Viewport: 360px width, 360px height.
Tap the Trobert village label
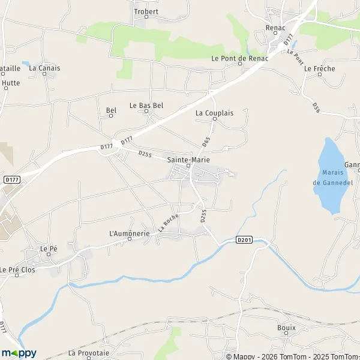[x=146, y=12]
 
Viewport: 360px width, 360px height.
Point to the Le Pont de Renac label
[x=238, y=58]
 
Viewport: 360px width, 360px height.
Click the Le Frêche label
[x=319, y=68]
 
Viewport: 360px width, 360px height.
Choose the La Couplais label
[x=214, y=112]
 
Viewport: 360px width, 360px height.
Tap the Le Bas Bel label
[x=146, y=105]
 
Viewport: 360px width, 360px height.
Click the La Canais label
[x=44, y=68]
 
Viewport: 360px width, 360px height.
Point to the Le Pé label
[x=47, y=248]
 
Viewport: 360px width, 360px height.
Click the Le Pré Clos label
[x=18, y=269]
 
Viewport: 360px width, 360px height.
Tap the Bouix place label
[x=286, y=328]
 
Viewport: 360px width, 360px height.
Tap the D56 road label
[x=316, y=107]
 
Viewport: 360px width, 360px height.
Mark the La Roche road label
[x=170, y=224]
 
